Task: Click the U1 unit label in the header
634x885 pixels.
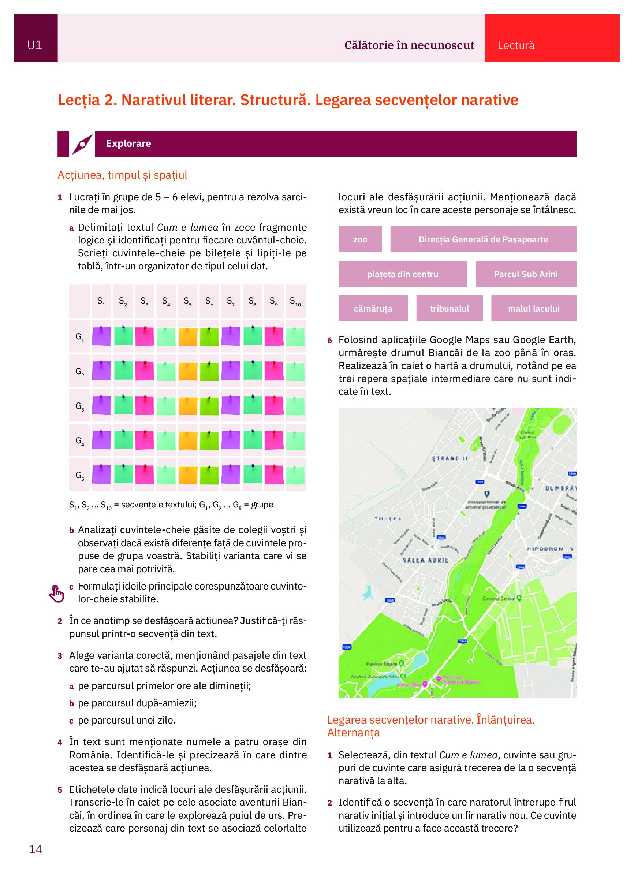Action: pos(35,46)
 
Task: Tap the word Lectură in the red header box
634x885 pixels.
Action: pos(516,46)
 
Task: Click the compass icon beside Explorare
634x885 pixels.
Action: pos(82,144)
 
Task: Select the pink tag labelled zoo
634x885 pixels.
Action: pos(360,239)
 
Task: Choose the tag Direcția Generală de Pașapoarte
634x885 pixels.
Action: pos(483,239)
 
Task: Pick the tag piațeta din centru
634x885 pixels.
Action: pos(402,274)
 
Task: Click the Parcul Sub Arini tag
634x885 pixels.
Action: pos(525,274)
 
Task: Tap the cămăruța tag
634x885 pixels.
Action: pos(373,309)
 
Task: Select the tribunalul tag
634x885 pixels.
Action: pos(449,309)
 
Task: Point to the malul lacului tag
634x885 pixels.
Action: pos(533,309)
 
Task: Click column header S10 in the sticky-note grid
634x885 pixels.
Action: pos(295,302)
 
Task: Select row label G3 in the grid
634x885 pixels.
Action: pos(79,406)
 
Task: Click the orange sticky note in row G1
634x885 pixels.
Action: pos(188,336)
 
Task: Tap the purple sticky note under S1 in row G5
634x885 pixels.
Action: pos(101,475)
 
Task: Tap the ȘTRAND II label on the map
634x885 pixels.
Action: pos(449,458)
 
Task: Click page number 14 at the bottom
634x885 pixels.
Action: pos(36,849)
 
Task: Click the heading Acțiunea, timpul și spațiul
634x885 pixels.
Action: pos(122,175)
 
